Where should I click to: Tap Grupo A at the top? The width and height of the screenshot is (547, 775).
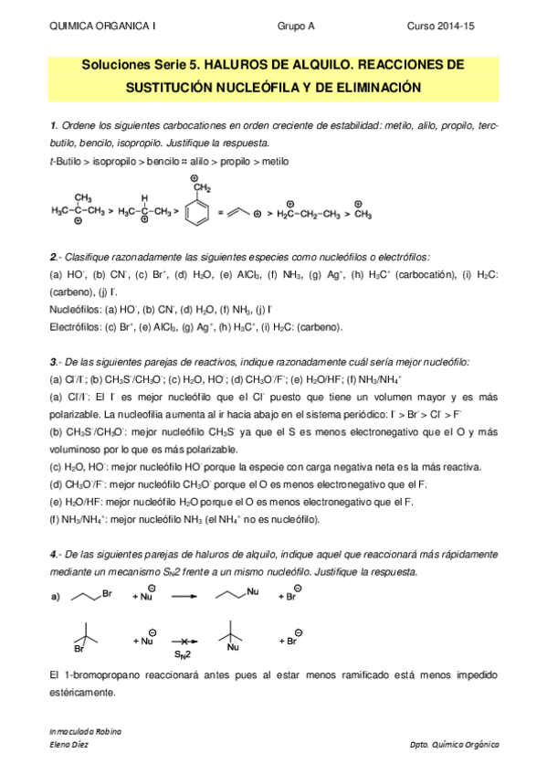296,28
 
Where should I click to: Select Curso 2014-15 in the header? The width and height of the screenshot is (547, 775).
465,28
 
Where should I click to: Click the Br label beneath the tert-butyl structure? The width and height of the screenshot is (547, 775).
79,650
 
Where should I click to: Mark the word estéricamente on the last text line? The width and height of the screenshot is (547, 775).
82,693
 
